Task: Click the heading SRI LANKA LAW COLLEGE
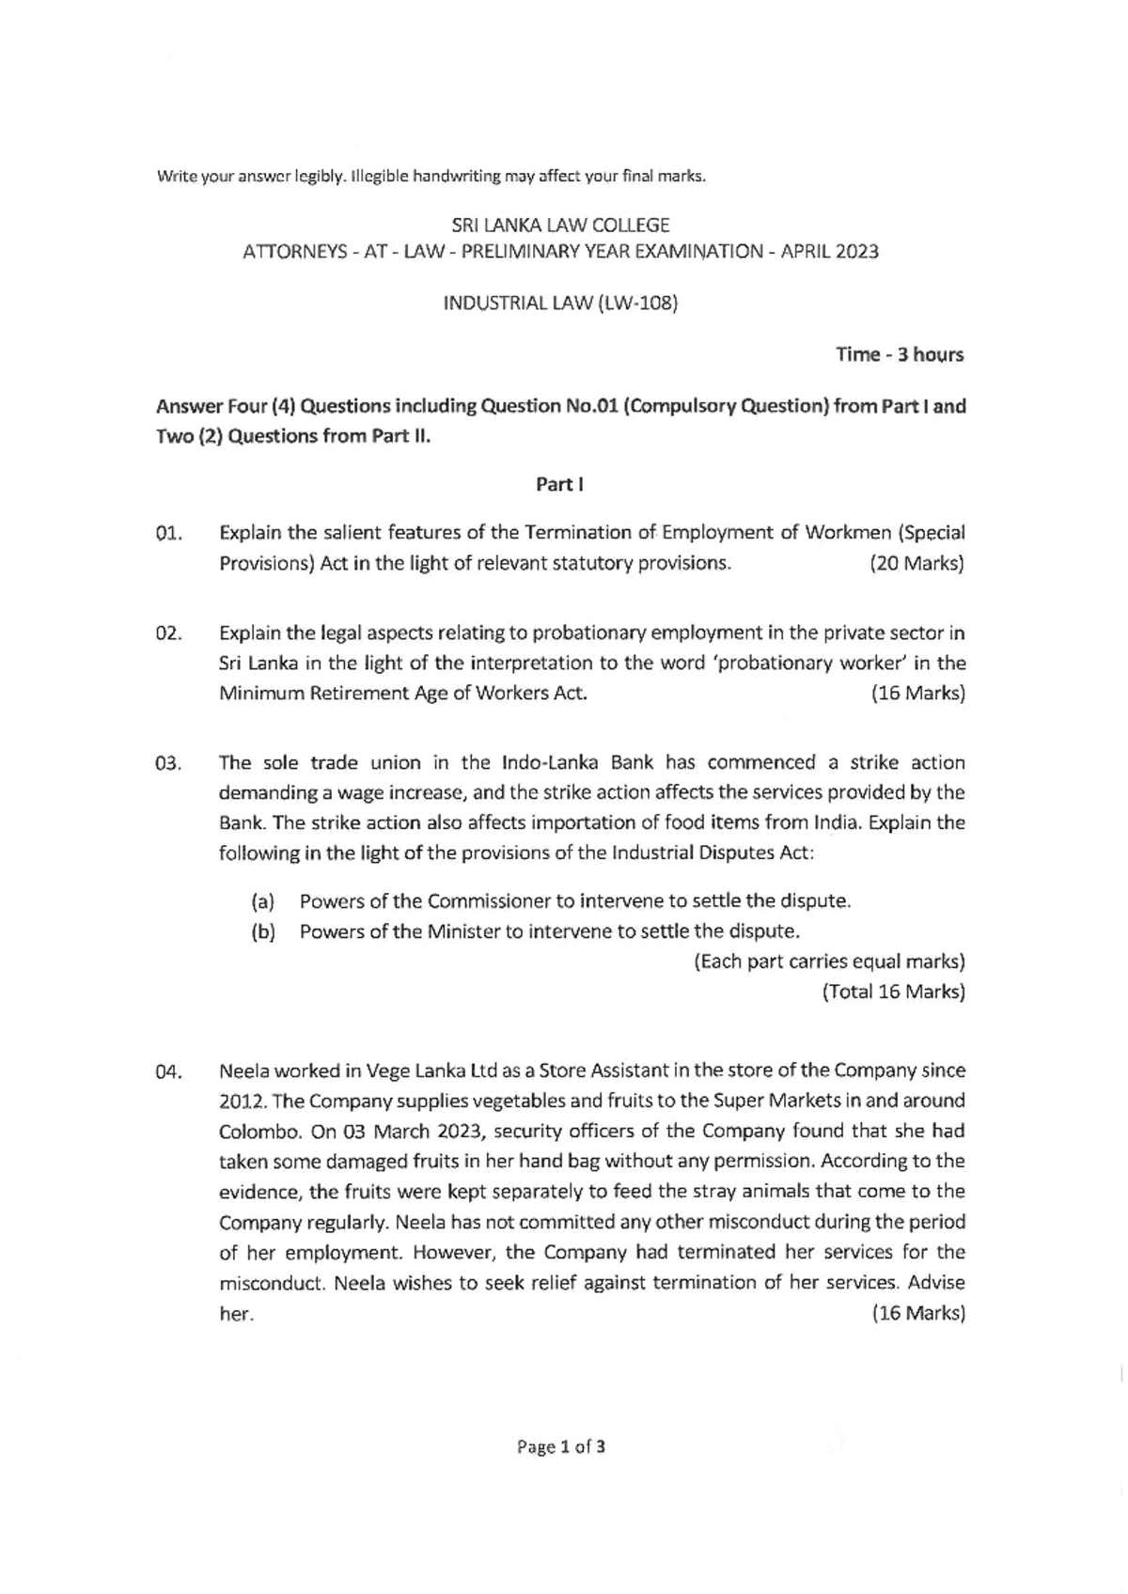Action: (560, 226)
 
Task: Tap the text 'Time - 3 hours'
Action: (899, 354)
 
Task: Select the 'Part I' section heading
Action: (560, 484)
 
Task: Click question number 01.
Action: (168, 534)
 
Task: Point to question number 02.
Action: (168, 633)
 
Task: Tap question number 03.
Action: (168, 763)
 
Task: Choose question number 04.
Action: (168, 1071)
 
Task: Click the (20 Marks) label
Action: (917, 564)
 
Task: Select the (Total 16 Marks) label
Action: (893, 992)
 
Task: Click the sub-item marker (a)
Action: (262, 901)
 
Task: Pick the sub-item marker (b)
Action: (262, 931)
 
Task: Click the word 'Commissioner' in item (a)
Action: (488, 901)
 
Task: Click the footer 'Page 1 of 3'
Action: (560, 1446)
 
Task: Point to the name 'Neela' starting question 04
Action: (242, 1070)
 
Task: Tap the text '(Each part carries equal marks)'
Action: (829, 961)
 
